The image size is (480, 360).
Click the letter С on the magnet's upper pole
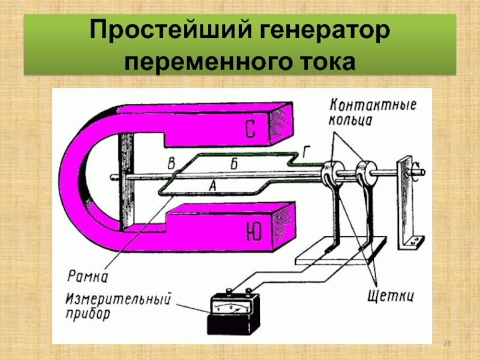251,128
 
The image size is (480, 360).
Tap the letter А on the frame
211,186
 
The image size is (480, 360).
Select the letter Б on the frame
234,163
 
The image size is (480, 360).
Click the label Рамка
88,277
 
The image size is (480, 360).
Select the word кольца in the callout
351,120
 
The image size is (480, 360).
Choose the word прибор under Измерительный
89,313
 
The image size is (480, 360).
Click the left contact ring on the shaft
329,173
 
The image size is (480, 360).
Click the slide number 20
446,343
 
